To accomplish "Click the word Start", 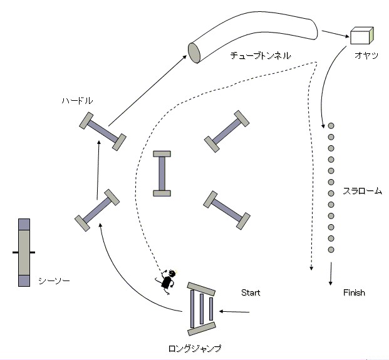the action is [x=251, y=292].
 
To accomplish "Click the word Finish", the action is [x=354, y=292].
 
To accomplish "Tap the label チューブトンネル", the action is [x=261, y=55].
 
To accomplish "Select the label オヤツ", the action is [x=366, y=55].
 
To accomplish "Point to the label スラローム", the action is [x=362, y=191].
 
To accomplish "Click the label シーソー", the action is [x=54, y=280].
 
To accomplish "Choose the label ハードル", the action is [x=77, y=100].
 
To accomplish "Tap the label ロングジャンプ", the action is [x=195, y=348].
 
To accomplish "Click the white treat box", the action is [x=361, y=36].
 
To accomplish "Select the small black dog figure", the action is [x=167, y=281].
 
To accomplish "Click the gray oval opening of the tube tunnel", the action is [x=194, y=53].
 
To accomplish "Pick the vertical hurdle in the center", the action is [x=162, y=173].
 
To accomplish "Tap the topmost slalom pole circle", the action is [x=331, y=126].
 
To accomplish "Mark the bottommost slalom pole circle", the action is [x=331, y=250].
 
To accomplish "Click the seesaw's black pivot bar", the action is [x=24, y=252].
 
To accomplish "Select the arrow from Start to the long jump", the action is [x=234, y=312].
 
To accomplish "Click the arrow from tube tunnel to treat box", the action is [x=335, y=34].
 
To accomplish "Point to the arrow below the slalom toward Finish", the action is [x=331, y=274].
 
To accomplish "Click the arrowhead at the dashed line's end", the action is [x=311, y=268].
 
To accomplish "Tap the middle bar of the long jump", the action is [x=202, y=309].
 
